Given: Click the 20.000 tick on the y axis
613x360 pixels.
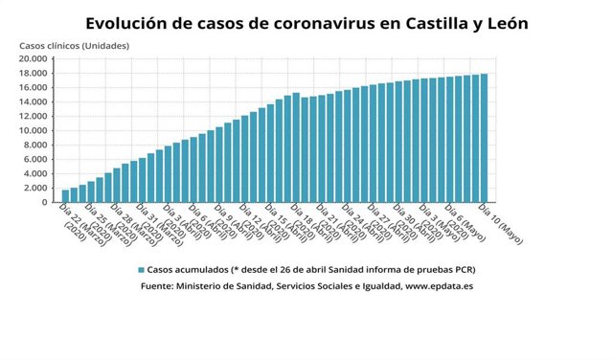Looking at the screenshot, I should pyautogui.click(x=34, y=59).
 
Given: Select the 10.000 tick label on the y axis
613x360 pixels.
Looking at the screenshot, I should pyautogui.click(x=34, y=131).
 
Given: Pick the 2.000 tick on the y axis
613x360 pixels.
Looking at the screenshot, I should pyautogui.click(x=36, y=189).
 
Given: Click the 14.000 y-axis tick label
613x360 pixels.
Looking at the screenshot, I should pyautogui.click(x=34, y=102).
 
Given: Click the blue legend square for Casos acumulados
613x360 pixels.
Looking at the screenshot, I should pyautogui.click(x=140, y=270).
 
